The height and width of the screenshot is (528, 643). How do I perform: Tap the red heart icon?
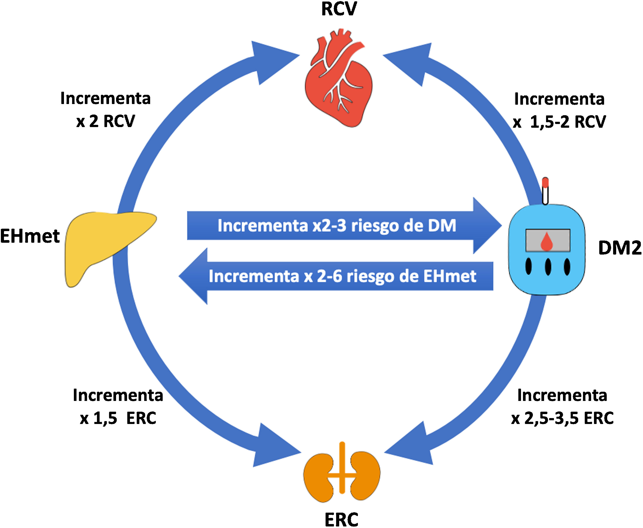[x=338, y=82]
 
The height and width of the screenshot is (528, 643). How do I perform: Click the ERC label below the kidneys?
[x=341, y=519]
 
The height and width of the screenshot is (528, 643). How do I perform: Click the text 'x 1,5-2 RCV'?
[x=559, y=122]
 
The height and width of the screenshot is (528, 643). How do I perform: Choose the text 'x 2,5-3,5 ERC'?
[x=562, y=418]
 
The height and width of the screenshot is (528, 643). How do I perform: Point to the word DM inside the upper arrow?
[x=442, y=226]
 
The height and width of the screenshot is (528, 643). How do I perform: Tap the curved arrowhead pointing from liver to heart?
[x=271, y=61]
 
